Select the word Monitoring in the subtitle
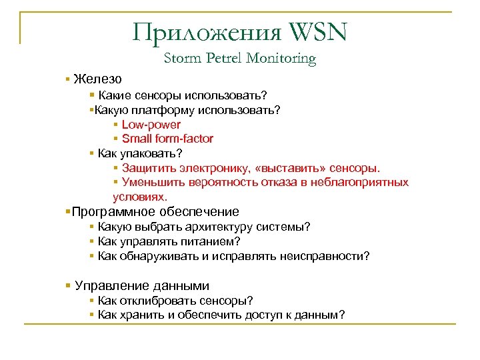click(281, 59)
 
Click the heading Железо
click(98, 79)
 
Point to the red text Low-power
click(151, 125)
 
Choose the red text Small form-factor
click(168, 139)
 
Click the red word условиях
click(141, 197)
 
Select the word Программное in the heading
click(107, 212)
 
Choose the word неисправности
click(325, 256)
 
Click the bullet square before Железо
click(68, 79)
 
